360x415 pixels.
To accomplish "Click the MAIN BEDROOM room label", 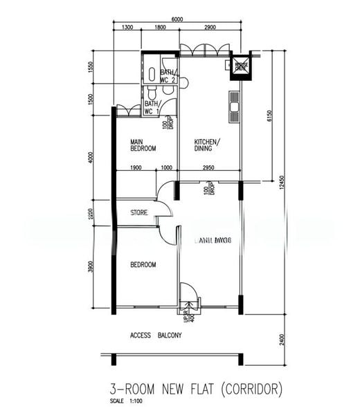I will tap(143, 145).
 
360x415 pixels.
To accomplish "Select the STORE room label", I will tap(139, 213).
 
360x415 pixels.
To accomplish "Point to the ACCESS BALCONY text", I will tap(156, 335).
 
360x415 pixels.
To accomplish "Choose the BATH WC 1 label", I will tap(152, 107).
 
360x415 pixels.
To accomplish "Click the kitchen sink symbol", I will tap(234, 107).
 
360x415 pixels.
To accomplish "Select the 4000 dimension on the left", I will tap(91, 158).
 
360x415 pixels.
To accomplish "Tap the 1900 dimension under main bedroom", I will tap(136, 167).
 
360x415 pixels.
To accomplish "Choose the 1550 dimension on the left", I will tap(91, 67).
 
